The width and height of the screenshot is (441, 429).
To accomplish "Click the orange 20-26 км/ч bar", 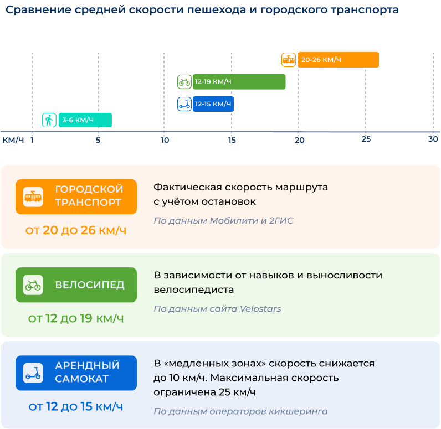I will point(338,60).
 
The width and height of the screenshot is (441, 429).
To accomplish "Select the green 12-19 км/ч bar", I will point(239,82).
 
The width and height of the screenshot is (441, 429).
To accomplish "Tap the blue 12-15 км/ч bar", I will point(213,104).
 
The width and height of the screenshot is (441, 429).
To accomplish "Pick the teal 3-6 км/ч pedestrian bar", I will point(85,120).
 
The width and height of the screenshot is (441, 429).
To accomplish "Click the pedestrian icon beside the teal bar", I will point(49,120).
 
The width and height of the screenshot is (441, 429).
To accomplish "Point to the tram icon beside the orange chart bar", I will point(289,60).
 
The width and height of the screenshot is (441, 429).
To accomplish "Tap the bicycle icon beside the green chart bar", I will point(184,82).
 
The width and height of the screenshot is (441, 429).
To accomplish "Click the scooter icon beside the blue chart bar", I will point(184,104).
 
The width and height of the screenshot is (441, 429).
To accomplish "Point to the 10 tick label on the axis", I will point(165,140).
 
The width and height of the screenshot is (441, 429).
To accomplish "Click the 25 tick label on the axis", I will point(366,139).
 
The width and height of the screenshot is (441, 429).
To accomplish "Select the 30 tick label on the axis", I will point(433,139).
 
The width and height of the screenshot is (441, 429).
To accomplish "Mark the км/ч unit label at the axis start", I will point(13,139).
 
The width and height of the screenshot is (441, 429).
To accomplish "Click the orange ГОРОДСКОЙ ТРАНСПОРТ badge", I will point(76,197).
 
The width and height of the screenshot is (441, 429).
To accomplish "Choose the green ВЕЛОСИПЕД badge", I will point(76,285).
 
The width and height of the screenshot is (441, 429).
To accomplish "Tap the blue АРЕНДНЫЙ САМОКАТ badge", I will point(76,373).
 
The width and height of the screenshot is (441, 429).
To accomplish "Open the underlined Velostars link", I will point(260,309).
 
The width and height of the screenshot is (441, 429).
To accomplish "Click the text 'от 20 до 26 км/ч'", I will point(76,230).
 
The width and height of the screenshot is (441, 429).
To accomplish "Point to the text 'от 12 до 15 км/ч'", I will point(76,407).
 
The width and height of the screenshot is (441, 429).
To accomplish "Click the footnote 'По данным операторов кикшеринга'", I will point(240,411).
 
